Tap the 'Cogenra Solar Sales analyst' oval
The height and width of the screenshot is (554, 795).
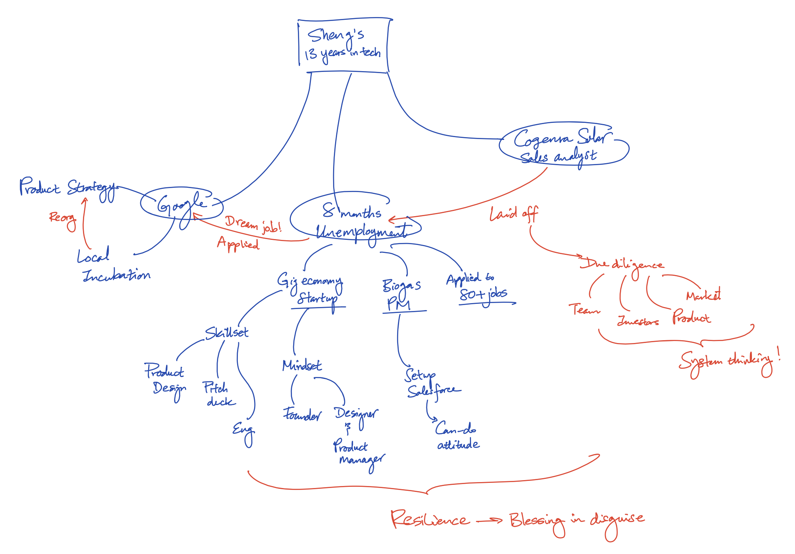tap(563, 145)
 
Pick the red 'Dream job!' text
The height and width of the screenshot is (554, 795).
tap(253, 224)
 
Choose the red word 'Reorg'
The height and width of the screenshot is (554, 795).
tap(62, 218)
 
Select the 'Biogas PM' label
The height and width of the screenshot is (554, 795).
tap(401, 294)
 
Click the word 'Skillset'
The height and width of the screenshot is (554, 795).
tap(226, 333)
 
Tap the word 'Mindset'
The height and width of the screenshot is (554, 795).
tap(302, 366)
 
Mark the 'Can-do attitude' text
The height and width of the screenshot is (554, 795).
tap(458, 437)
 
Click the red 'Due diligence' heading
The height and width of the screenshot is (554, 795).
tap(622, 264)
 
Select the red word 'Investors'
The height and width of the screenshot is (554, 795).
tap(638, 321)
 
